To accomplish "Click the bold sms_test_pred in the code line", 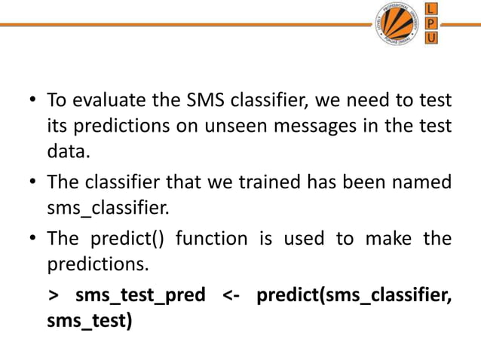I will [x=140, y=295].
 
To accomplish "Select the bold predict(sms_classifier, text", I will [x=354, y=295].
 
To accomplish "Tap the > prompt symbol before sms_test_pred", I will [x=52, y=295].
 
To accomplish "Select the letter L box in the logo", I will [x=430, y=9].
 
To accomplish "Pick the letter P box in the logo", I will [x=430, y=24].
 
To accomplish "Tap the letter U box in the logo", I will [x=430, y=39].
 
